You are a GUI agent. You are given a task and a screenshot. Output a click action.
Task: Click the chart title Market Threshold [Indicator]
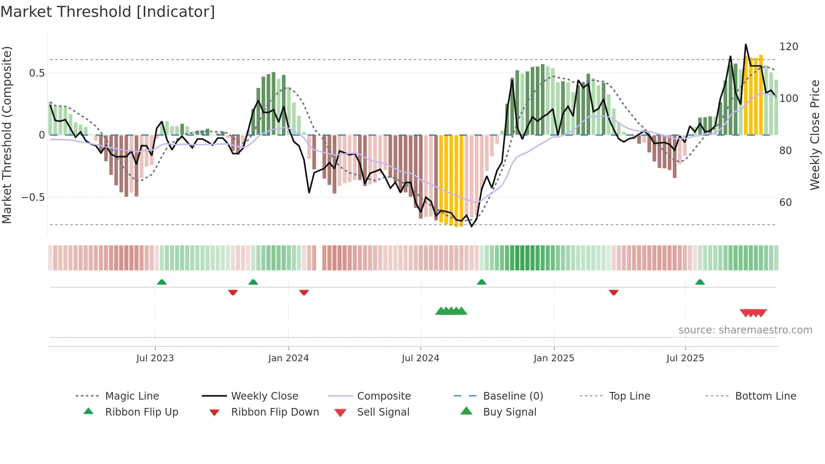click(x=108, y=12)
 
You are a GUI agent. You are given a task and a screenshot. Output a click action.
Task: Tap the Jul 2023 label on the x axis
click(x=155, y=358)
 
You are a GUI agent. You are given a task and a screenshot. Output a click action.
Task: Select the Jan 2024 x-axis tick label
click(x=288, y=358)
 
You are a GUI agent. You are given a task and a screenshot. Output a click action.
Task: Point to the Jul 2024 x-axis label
click(x=420, y=358)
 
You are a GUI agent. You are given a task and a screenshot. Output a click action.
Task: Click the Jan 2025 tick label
click(x=554, y=358)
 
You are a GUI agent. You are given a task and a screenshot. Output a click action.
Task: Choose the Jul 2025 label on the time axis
click(x=685, y=358)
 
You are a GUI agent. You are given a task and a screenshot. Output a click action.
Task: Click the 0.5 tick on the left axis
click(x=37, y=73)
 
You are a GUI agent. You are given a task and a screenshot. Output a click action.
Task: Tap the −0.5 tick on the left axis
click(x=33, y=197)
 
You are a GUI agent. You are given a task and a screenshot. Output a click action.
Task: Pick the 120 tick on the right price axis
click(x=788, y=47)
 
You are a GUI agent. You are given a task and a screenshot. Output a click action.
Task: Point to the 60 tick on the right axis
click(x=785, y=203)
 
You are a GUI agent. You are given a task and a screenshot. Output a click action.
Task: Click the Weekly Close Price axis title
click(x=815, y=135)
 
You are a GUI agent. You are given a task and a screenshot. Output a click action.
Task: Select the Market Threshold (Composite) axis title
click(x=7, y=135)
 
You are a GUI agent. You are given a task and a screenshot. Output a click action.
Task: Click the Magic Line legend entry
click(x=132, y=396)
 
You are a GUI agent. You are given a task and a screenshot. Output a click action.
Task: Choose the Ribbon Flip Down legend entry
click(x=275, y=412)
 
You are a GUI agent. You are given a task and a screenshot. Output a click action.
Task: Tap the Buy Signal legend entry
click(x=509, y=412)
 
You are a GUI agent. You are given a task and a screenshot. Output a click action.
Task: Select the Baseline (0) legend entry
click(x=513, y=396)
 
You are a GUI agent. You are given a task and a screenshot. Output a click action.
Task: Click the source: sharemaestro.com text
click(x=745, y=330)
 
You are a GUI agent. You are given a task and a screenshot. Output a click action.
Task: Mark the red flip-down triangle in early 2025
click(x=614, y=292)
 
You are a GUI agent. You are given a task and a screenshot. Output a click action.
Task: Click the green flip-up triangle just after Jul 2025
click(x=700, y=282)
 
